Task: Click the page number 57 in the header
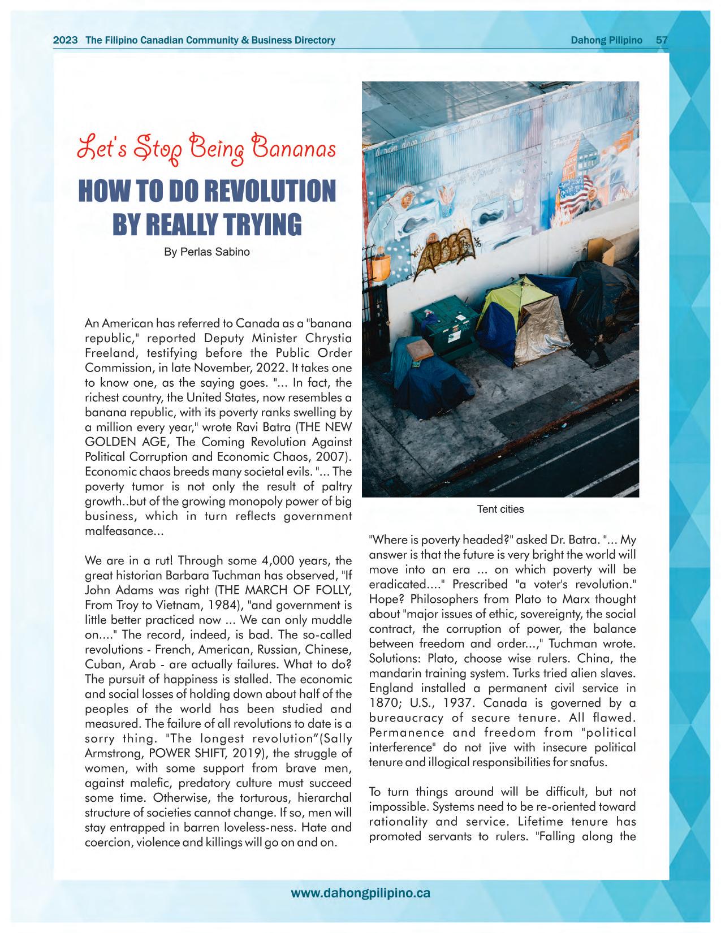661,40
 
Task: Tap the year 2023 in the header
65,40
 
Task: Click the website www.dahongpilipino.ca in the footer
360,893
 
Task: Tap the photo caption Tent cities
500,509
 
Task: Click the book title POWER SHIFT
150,753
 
